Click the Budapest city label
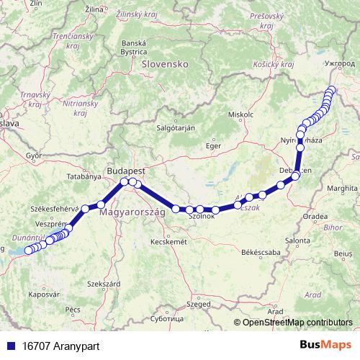[126, 171]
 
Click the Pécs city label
[72, 309]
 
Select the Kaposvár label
[43, 294]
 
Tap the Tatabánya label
[82, 176]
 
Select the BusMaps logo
[329, 345]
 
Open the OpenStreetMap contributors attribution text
[297, 322]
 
